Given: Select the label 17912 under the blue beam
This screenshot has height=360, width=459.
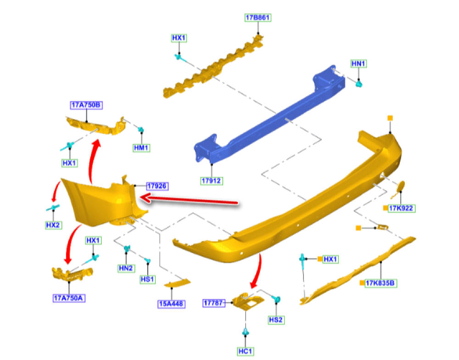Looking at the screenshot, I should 212,181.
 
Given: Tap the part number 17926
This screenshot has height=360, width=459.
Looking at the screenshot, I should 157,186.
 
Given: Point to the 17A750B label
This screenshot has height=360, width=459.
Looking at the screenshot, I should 86,105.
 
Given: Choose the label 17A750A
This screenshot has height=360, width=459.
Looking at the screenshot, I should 69,298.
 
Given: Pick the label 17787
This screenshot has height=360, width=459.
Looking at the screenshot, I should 214,303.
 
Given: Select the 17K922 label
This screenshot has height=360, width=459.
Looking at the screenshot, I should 401,208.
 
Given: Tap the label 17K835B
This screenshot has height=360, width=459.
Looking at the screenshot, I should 381,283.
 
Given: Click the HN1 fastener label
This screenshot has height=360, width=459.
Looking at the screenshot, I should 358,63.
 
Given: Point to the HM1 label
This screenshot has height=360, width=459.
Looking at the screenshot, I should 142,148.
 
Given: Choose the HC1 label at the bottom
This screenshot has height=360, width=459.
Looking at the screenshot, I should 246,351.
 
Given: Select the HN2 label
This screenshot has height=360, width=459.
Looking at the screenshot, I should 125,268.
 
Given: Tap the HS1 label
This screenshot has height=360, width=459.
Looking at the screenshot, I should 148,279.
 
